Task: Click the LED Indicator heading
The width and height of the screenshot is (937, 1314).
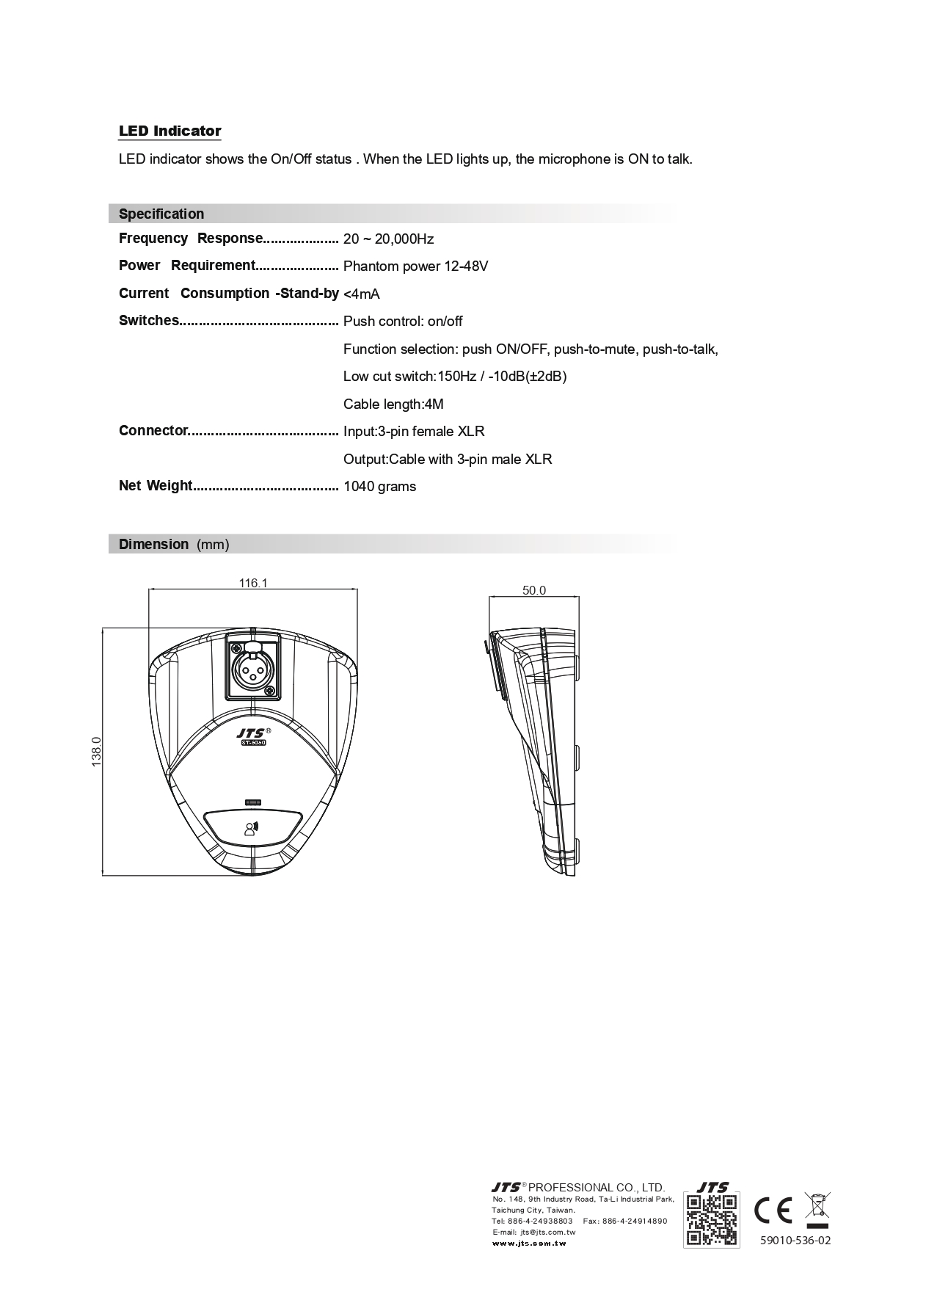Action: (169, 131)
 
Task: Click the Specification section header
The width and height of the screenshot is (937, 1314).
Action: (161, 214)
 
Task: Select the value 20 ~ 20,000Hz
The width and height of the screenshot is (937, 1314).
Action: (388, 239)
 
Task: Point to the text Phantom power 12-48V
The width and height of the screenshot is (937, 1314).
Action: (415, 266)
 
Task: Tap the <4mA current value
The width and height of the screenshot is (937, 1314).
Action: (361, 294)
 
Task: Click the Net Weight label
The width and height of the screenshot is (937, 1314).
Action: (156, 486)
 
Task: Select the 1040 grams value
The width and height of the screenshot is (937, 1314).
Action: (379, 487)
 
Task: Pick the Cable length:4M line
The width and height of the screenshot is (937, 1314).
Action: (393, 404)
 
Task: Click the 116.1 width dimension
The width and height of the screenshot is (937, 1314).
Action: (253, 583)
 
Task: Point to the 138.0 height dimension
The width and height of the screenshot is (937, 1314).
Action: (96, 752)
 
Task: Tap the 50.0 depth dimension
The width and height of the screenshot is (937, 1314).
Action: (534, 590)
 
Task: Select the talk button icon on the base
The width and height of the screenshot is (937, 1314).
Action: (252, 829)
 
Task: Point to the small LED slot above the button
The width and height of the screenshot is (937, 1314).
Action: (253, 801)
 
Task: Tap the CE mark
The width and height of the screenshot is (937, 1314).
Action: (773, 1210)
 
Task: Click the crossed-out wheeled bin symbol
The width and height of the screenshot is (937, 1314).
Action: (817, 1209)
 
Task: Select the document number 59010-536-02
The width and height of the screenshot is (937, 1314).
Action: (795, 1240)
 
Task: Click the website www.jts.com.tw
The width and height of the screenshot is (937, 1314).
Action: (528, 1243)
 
